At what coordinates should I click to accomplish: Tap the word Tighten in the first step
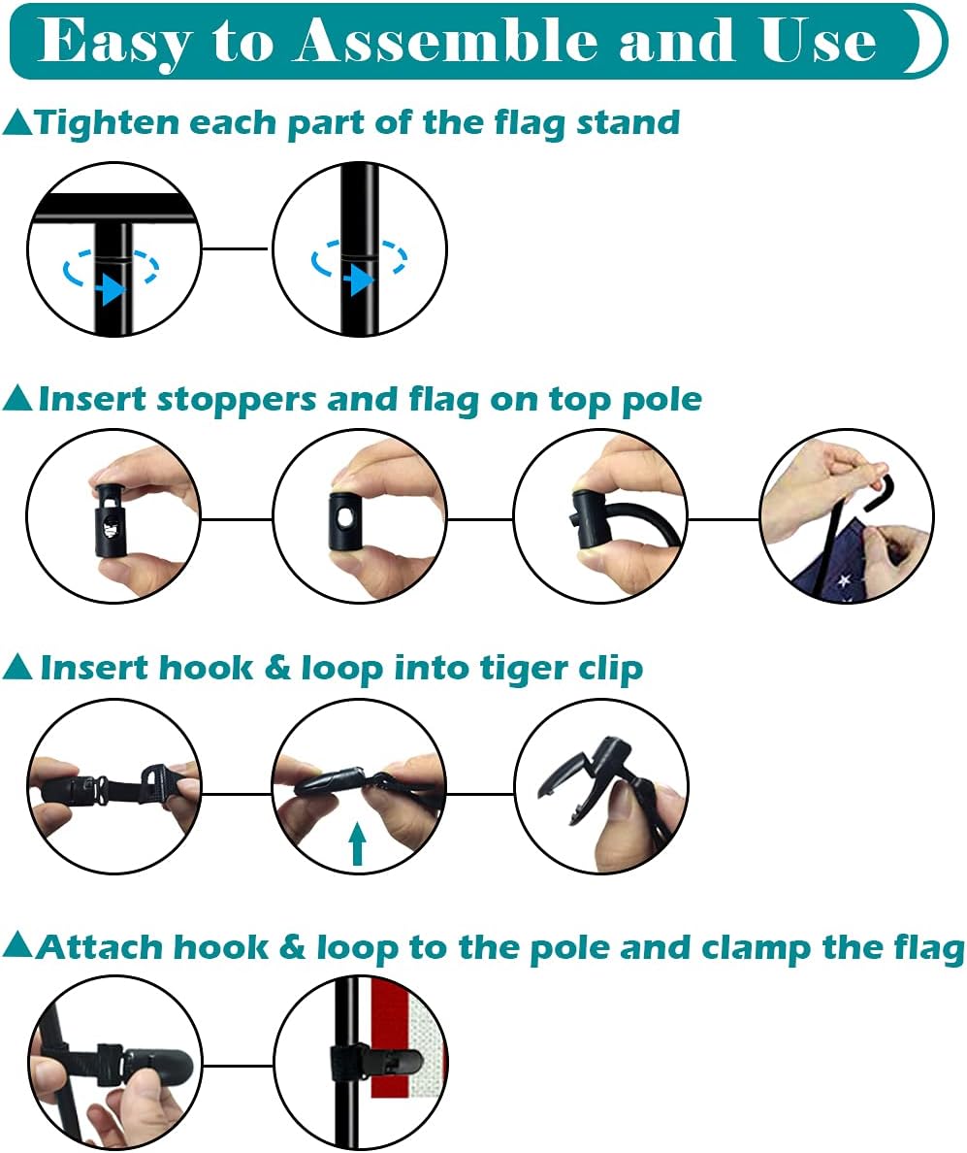pyautogui.click(x=108, y=123)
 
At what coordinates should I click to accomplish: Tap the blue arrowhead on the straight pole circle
pyautogui.click(x=360, y=280)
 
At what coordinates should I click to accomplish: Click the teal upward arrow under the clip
pyautogui.click(x=358, y=843)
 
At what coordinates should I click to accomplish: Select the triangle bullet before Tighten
pyautogui.click(x=17, y=123)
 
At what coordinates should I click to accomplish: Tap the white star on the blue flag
pyautogui.click(x=844, y=581)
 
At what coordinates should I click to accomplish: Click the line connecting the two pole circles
pyautogui.click(x=237, y=248)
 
